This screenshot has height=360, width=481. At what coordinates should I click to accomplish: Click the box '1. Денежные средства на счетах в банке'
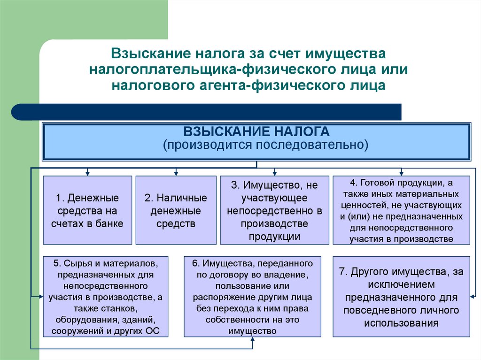(87, 210)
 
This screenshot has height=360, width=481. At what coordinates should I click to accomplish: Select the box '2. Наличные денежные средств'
(176, 210)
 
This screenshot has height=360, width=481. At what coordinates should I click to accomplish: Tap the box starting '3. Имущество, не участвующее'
(274, 210)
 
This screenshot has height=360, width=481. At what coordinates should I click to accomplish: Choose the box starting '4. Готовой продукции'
(401, 210)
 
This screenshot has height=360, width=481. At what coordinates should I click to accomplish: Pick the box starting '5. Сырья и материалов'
(106, 297)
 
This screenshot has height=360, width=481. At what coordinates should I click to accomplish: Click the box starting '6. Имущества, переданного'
(252, 297)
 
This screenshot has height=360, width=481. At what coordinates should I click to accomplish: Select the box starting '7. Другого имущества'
(401, 297)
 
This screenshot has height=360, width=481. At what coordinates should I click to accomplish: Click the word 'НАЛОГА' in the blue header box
(301, 131)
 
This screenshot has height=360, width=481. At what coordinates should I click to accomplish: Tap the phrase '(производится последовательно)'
(265, 145)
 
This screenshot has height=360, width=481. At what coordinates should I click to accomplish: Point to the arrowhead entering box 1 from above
(87, 174)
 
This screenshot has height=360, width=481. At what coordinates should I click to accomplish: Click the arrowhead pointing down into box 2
(176, 174)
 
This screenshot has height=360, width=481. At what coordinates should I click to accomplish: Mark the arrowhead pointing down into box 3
(274, 174)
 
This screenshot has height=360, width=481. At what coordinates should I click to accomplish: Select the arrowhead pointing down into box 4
(401, 174)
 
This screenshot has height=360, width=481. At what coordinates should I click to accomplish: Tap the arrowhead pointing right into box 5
(41, 297)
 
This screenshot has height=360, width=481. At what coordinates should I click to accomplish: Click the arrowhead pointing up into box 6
(252, 339)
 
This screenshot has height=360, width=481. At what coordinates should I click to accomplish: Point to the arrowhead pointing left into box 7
(472, 297)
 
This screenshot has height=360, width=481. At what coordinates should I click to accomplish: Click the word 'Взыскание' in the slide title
(151, 54)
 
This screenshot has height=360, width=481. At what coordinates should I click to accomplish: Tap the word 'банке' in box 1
(109, 223)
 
